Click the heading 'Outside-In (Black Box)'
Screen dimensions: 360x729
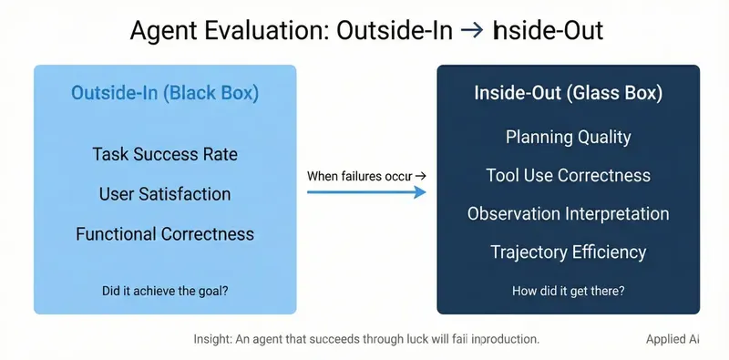pos(165,94)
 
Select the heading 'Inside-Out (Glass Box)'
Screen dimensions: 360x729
pos(568,94)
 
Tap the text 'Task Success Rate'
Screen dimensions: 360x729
pos(165,154)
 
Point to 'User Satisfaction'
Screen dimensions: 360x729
pos(165,194)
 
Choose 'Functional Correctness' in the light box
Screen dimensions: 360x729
pos(165,234)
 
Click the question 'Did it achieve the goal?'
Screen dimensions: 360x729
pos(165,291)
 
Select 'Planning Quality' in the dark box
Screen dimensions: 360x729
pos(568,138)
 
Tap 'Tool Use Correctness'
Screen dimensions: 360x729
pos(568,175)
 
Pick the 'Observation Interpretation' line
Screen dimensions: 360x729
pos(568,214)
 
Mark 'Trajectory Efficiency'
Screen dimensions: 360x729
pos(568,252)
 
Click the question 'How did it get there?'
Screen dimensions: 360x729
pos(568,292)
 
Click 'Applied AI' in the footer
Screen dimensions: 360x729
pos(665,339)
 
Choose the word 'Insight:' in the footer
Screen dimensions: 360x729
pos(214,339)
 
